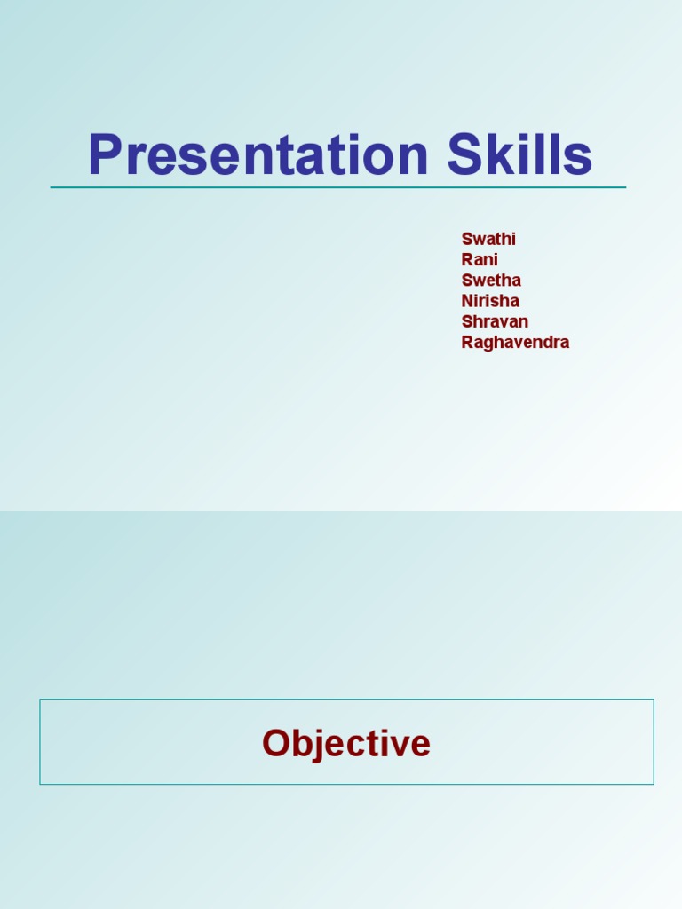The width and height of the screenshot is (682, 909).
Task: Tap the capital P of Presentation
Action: pyautogui.click(x=104, y=154)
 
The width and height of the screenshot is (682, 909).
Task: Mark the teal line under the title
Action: pyautogui.click(x=337, y=187)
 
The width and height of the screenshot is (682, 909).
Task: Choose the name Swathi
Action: pyautogui.click(x=488, y=239)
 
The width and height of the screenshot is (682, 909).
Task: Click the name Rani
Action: pyautogui.click(x=480, y=259)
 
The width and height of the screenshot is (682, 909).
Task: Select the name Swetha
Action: pyautogui.click(x=491, y=281)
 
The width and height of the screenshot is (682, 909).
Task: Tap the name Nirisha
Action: pyautogui.click(x=490, y=301)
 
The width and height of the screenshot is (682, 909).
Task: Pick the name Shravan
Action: pyautogui.click(x=495, y=321)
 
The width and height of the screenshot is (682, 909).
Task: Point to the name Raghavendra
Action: pyautogui.click(x=515, y=343)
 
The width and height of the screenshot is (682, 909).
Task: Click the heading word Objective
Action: pyautogui.click(x=346, y=743)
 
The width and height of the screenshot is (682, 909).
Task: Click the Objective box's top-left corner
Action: pyautogui.click(x=40, y=700)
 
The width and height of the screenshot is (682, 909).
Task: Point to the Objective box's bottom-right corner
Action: pyautogui.click(x=654, y=784)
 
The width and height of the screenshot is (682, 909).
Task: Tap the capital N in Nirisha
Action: pyautogui.click(x=468, y=301)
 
